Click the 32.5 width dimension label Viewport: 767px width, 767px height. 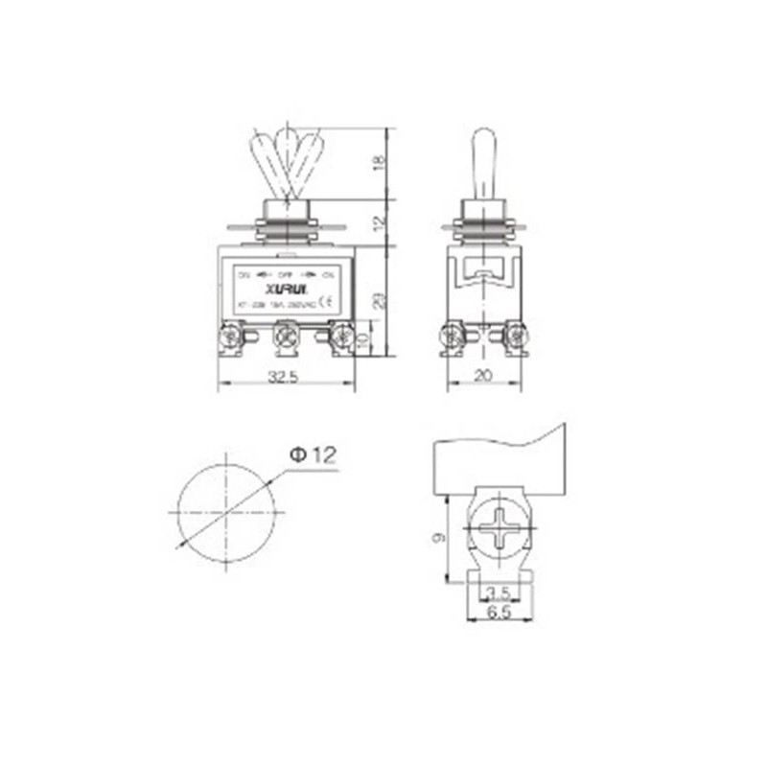point(284,378)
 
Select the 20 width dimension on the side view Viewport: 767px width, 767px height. point(484,378)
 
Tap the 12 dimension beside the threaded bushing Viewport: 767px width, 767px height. point(380,223)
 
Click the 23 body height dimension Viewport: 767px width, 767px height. point(380,299)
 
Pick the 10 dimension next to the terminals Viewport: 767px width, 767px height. point(362,340)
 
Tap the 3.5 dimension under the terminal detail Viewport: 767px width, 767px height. point(498,593)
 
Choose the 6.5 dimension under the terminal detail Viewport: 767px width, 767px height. point(498,610)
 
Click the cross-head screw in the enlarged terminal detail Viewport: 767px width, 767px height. point(499,528)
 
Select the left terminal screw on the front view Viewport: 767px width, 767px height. point(230,337)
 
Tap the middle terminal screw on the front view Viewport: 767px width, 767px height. point(284,337)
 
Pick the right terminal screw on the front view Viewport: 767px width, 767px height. point(339,337)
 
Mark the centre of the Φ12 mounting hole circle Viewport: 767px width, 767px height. point(224,511)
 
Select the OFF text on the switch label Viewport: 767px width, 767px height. point(285,273)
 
